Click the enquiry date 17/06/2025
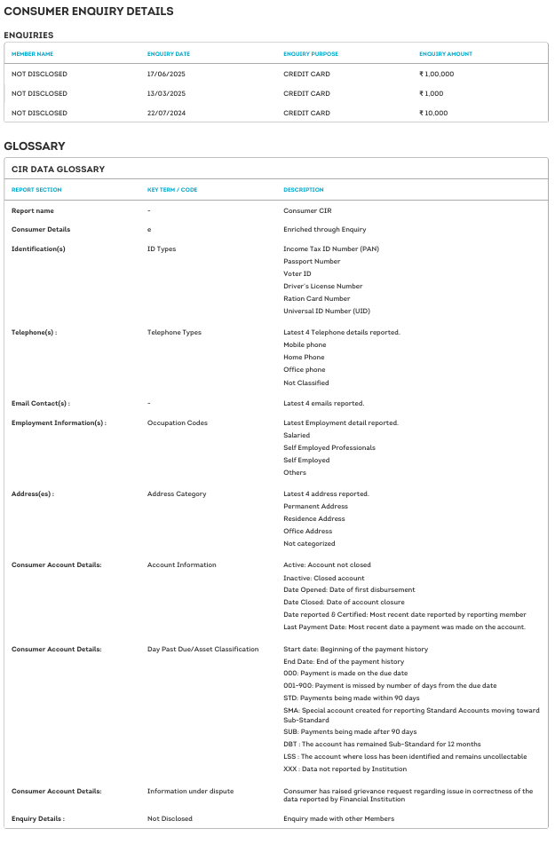[x=165, y=74]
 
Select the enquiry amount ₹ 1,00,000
[x=437, y=74]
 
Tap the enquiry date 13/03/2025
[x=165, y=93]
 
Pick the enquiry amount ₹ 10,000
[x=433, y=113]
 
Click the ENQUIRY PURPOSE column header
[x=311, y=54]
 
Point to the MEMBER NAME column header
[x=33, y=54]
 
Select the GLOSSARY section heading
[x=35, y=146]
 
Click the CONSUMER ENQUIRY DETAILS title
[x=89, y=12]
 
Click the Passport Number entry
[x=311, y=261]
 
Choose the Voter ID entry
[x=297, y=273]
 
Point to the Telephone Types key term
[x=174, y=332]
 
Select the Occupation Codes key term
[x=178, y=422]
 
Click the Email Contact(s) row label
[x=41, y=403]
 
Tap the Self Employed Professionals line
[x=329, y=447]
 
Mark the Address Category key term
[x=177, y=493]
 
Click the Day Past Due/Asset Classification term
[x=203, y=649]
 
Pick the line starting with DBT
[x=382, y=743]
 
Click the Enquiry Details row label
[x=38, y=818]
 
